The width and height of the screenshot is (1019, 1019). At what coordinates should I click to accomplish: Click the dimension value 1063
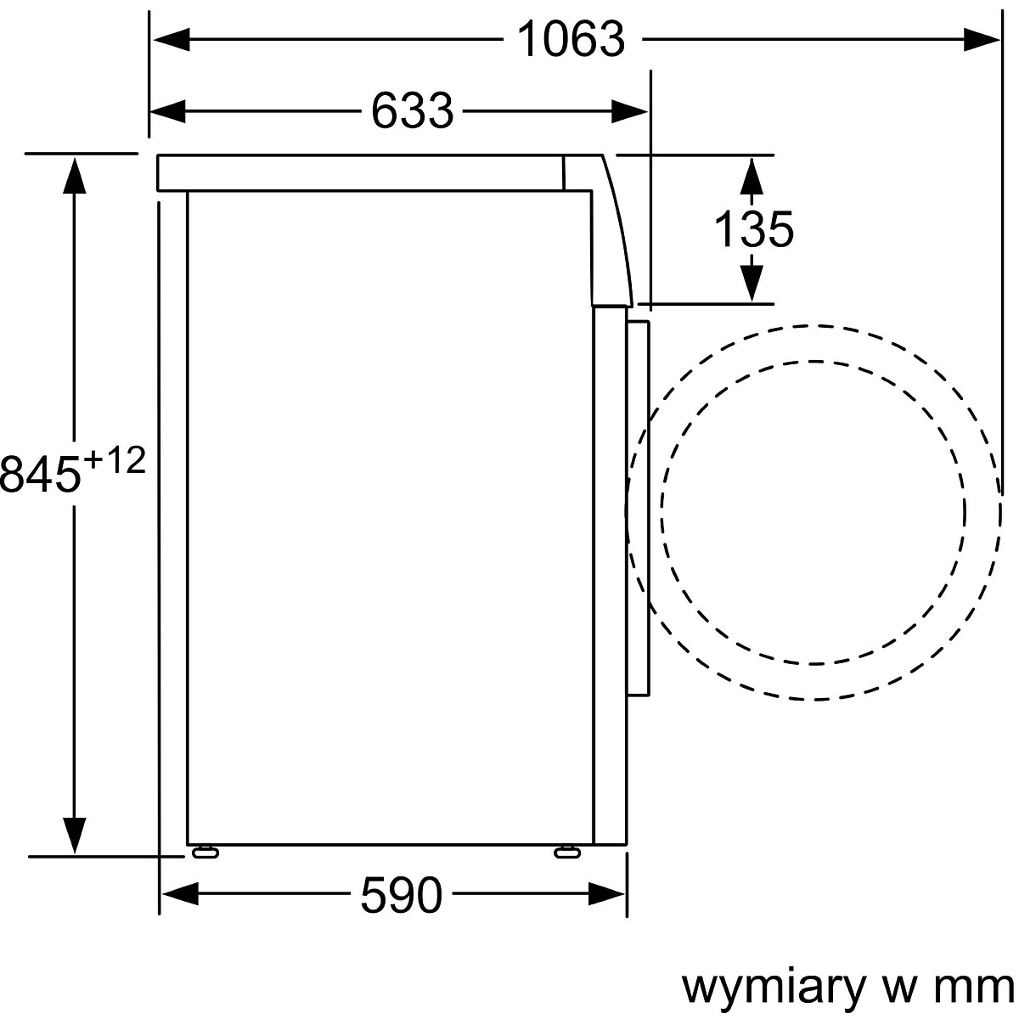[x=571, y=39]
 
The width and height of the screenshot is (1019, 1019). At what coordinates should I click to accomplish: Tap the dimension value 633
[x=413, y=110]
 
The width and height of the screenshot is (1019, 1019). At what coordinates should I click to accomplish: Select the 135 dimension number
[x=753, y=229]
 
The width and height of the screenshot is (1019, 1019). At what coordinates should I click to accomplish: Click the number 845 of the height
[x=41, y=474]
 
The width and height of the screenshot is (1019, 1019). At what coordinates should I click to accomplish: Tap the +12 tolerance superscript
[x=115, y=460]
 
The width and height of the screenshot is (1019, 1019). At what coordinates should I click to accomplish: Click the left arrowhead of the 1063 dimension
[x=172, y=40]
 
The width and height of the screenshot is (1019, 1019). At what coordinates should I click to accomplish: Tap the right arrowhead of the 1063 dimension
[x=982, y=40]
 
